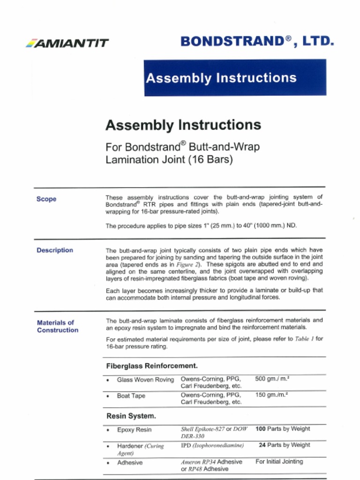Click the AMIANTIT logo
(67, 43)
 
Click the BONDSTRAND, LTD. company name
(257, 41)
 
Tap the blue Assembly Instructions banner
(235, 78)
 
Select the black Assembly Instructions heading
(183, 125)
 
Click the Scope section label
(46, 199)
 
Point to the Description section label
(55, 250)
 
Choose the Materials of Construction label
(57, 326)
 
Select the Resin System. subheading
(131, 416)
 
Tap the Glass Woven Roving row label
(145, 380)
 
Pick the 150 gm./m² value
(271, 395)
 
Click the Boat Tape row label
(131, 396)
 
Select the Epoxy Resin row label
(134, 430)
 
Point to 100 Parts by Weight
(283, 429)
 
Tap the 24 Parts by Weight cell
(284, 445)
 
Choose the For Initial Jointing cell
(279, 461)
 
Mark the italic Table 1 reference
(305, 339)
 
